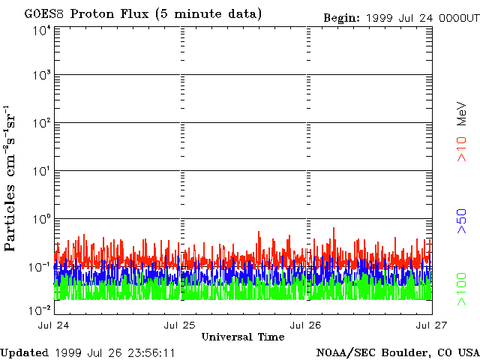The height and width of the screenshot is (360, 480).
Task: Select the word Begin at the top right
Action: click(342, 17)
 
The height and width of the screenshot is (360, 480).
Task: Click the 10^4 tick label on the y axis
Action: click(41, 31)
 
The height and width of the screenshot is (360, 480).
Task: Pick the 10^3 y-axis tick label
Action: click(41, 75)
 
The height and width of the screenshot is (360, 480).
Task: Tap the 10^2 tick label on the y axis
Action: click(41, 123)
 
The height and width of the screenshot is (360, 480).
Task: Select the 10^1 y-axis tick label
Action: click(41, 171)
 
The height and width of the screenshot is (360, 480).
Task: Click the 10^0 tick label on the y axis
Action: click(41, 219)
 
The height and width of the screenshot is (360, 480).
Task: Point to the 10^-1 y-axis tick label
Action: click(40, 267)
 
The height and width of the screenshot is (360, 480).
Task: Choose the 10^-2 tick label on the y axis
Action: click(40, 309)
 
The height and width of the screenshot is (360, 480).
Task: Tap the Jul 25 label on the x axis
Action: click(181, 325)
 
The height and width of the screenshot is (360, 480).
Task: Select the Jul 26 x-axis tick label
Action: click(306, 325)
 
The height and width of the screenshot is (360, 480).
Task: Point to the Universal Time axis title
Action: click(243, 337)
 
